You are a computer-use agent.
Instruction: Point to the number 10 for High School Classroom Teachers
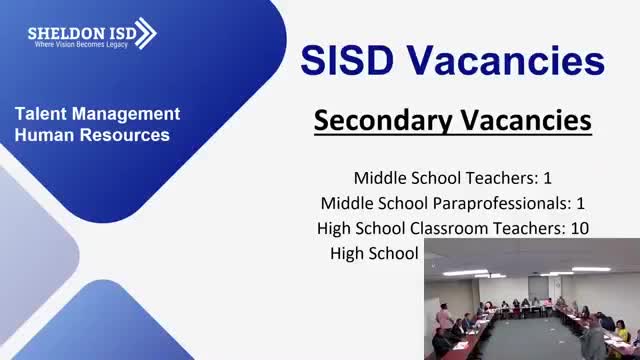[579, 228]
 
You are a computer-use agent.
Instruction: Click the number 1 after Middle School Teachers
[547, 178]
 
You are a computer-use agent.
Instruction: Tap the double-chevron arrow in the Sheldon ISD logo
[145, 33]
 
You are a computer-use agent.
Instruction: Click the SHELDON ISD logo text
[79, 31]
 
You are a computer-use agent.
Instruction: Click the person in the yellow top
[621, 333]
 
